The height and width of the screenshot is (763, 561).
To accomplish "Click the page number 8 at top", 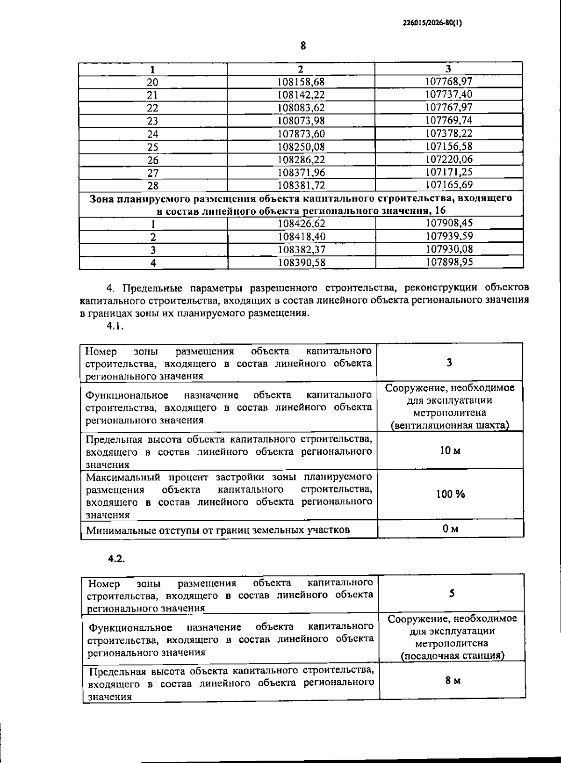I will tap(303, 45).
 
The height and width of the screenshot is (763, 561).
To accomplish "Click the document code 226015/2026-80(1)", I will tap(432, 22).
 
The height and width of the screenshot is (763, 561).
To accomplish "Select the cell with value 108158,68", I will tap(301, 82).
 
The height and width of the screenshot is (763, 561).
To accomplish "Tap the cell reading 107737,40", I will tap(449, 94).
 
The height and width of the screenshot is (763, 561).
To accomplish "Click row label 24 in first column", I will tap(153, 134).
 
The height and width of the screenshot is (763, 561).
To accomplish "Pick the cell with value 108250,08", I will tap(301, 147).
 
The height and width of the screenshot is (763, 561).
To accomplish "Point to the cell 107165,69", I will tap(449, 185).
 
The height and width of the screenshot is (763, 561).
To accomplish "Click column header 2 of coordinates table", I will tap(301, 69).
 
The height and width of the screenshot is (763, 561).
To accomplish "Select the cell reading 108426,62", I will tap(301, 224).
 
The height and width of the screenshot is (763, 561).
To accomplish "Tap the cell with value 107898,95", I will tap(449, 262).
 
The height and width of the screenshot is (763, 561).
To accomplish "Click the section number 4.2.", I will tap(116, 559).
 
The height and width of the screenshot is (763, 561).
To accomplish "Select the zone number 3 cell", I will tap(449, 362).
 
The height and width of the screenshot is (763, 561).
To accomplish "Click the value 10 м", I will tap(450, 451).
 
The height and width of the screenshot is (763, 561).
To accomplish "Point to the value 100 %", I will tap(451, 494).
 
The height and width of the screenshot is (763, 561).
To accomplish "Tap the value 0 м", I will tap(450, 529).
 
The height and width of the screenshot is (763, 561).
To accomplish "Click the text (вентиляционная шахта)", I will tap(450, 425).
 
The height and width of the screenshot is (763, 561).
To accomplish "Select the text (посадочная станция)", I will tap(453, 655).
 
